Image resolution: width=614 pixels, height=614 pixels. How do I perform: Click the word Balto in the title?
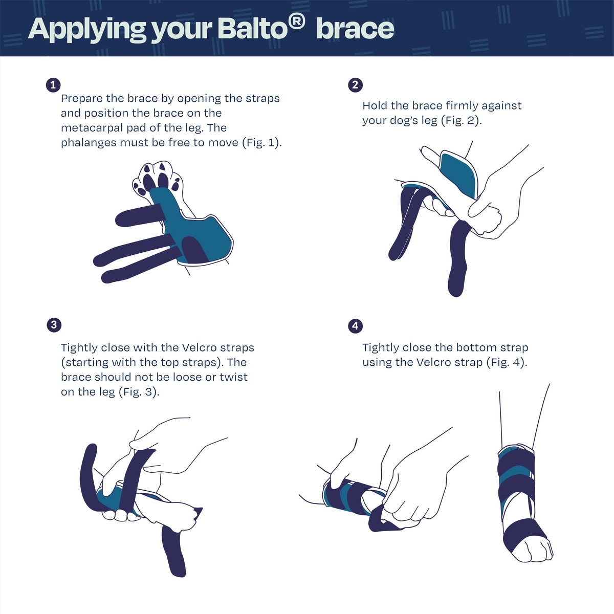253,29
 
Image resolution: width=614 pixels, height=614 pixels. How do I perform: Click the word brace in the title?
355,29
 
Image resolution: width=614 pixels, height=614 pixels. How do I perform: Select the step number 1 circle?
53,85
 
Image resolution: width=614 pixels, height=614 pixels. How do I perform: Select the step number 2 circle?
355,85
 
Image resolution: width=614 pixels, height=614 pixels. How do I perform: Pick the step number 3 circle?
54,325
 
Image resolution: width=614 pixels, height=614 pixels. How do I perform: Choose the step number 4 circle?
355,326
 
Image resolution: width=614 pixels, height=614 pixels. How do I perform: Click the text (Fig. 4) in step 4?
507,362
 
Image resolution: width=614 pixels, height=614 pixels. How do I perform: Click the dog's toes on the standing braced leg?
532,551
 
